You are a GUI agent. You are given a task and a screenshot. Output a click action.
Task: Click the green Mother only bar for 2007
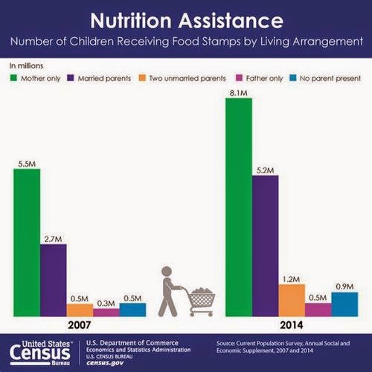point(27,243)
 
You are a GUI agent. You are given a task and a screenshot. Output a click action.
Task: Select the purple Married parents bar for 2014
point(265,246)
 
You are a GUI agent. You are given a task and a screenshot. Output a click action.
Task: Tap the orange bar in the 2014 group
point(292,301)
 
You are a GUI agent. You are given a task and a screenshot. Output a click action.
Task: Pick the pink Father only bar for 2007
point(106,312)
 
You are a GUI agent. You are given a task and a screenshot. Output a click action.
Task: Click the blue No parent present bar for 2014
point(344,304)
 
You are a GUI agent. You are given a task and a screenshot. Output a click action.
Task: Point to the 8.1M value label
point(238,93)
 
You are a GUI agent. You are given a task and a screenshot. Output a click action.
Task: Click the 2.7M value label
point(53,239)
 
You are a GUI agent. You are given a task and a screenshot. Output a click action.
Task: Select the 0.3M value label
point(106,304)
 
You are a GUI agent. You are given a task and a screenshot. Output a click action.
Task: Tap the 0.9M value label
point(344,286)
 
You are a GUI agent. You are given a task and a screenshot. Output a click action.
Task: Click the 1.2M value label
point(292,279)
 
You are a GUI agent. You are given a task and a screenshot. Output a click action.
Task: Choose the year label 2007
point(80,325)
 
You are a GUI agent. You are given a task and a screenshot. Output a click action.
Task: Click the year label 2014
point(292,325)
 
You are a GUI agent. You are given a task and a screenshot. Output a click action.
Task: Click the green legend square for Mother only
point(13,78)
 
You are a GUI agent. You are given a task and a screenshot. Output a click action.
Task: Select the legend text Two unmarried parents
point(187,78)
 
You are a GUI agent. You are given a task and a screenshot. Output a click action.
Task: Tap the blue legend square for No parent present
point(293,78)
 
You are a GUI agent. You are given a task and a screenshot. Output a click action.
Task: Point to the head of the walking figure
point(167,272)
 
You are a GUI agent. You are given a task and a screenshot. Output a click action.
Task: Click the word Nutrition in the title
point(131,20)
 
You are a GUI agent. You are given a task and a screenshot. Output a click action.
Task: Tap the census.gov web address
point(105,363)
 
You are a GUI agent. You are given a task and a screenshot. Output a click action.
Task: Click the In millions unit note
point(26,65)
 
